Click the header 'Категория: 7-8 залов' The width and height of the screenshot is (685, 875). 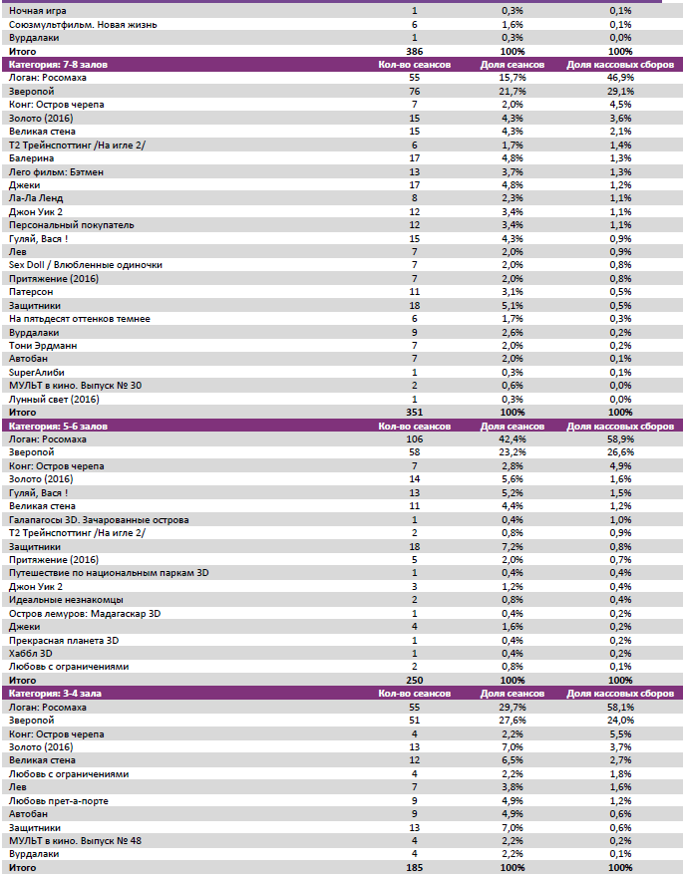click(52, 64)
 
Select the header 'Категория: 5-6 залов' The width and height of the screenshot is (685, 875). click(52, 426)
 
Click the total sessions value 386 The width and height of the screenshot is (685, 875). click(415, 50)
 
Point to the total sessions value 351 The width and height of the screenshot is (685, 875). click(415, 412)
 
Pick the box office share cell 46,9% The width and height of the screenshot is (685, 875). click(620, 77)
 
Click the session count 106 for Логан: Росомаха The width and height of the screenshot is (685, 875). click(415, 439)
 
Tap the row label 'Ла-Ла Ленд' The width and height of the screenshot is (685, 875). click(36, 197)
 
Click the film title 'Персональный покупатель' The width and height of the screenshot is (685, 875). click(64, 224)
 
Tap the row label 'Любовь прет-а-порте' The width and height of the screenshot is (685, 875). click(58, 800)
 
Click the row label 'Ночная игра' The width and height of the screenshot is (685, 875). click(35, 10)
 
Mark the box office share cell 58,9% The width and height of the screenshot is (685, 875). click(620, 439)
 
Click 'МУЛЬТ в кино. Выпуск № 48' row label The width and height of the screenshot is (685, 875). click(75, 840)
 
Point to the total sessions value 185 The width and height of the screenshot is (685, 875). click(415, 868)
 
